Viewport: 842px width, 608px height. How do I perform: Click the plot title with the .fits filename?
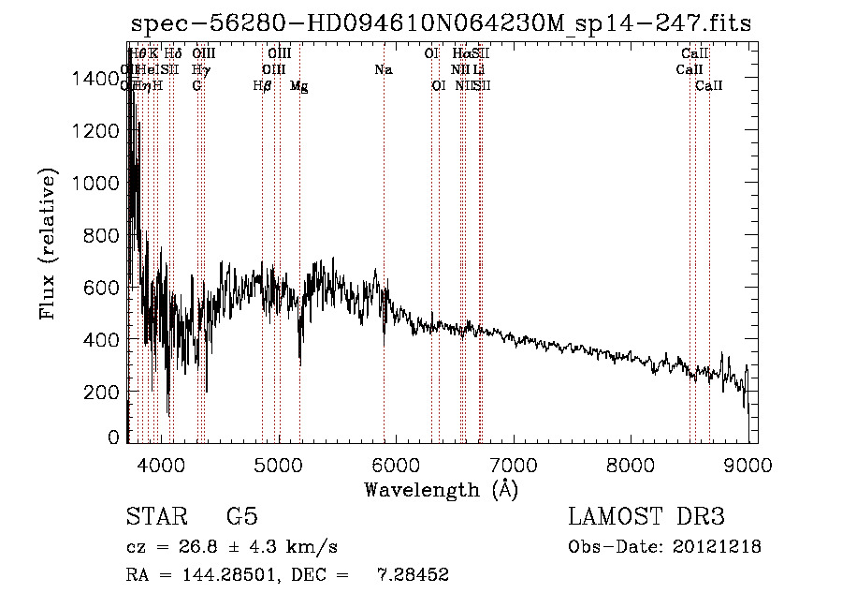tap(440, 23)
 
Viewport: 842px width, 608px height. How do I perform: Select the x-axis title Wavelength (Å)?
tap(441, 489)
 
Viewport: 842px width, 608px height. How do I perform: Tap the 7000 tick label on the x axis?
tap(514, 463)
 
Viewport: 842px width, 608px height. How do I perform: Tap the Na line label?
tap(383, 69)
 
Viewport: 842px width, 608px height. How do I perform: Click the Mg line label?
tap(298, 86)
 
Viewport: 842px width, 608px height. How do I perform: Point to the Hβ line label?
tap(263, 86)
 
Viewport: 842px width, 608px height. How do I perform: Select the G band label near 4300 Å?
tap(196, 86)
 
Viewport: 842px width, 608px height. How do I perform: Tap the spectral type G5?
tap(241, 517)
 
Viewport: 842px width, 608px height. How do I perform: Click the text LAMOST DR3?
tap(646, 517)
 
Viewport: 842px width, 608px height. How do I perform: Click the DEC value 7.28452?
tap(411, 575)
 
